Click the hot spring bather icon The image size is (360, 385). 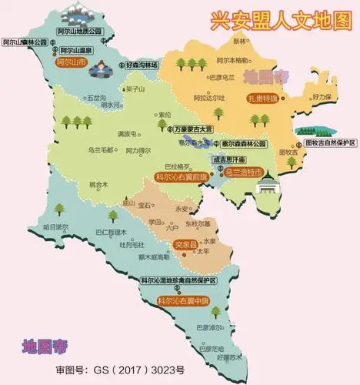[98, 71]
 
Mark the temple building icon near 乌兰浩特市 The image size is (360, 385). [268, 187]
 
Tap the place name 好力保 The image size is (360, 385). [322, 96]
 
